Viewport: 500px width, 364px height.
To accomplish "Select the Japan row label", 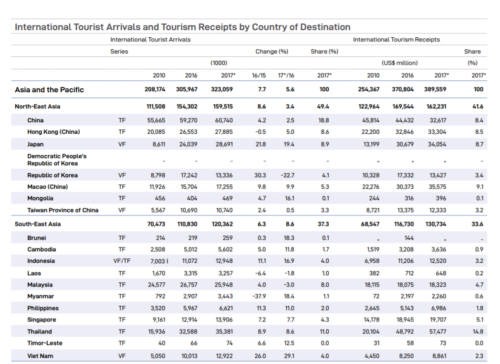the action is (x=35, y=144).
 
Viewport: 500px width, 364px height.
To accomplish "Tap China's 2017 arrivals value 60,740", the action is (x=224, y=120).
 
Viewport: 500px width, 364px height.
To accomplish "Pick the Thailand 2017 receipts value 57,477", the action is (x=437, y=332).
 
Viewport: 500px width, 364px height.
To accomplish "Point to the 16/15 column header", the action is (x=259, y=75).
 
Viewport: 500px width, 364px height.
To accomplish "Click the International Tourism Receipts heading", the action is (x=396, y=40).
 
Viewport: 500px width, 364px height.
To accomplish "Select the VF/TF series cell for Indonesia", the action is (x=122, y=261).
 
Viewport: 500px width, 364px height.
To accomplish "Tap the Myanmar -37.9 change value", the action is (x=259, y=296).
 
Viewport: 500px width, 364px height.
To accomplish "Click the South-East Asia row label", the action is (x=38, y=224).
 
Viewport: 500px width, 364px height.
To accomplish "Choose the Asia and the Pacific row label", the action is (x=49, y=90).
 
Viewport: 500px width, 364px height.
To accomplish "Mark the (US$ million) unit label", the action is (x=399, y=63).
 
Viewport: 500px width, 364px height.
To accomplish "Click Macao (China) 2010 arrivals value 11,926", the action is (x=157, y=187).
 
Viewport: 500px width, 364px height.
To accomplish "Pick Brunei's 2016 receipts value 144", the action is (x=409, y=238).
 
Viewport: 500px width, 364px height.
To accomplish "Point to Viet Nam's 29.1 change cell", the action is (x=289, y=356).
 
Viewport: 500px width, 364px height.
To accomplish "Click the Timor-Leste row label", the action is (x=45, y=343).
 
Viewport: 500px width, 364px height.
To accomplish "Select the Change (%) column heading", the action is (x=271, y=52).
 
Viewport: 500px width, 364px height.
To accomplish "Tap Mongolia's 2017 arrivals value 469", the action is (x=228, y=198).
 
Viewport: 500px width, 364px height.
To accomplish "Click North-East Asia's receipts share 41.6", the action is (x=478, y=107).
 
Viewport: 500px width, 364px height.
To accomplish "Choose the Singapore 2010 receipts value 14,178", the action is (x=371, y=320).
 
